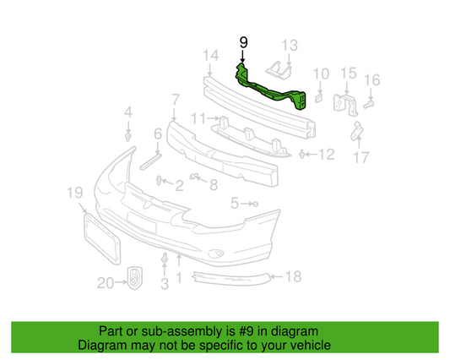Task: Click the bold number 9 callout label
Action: click(245, 41)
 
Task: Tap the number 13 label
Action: click(290, 44)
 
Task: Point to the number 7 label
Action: click(174, 101)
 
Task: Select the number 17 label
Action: click(361, 156)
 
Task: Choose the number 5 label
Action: click(235, 202)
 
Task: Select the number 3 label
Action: click(165, 286)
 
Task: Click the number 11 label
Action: click(197, 117)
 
